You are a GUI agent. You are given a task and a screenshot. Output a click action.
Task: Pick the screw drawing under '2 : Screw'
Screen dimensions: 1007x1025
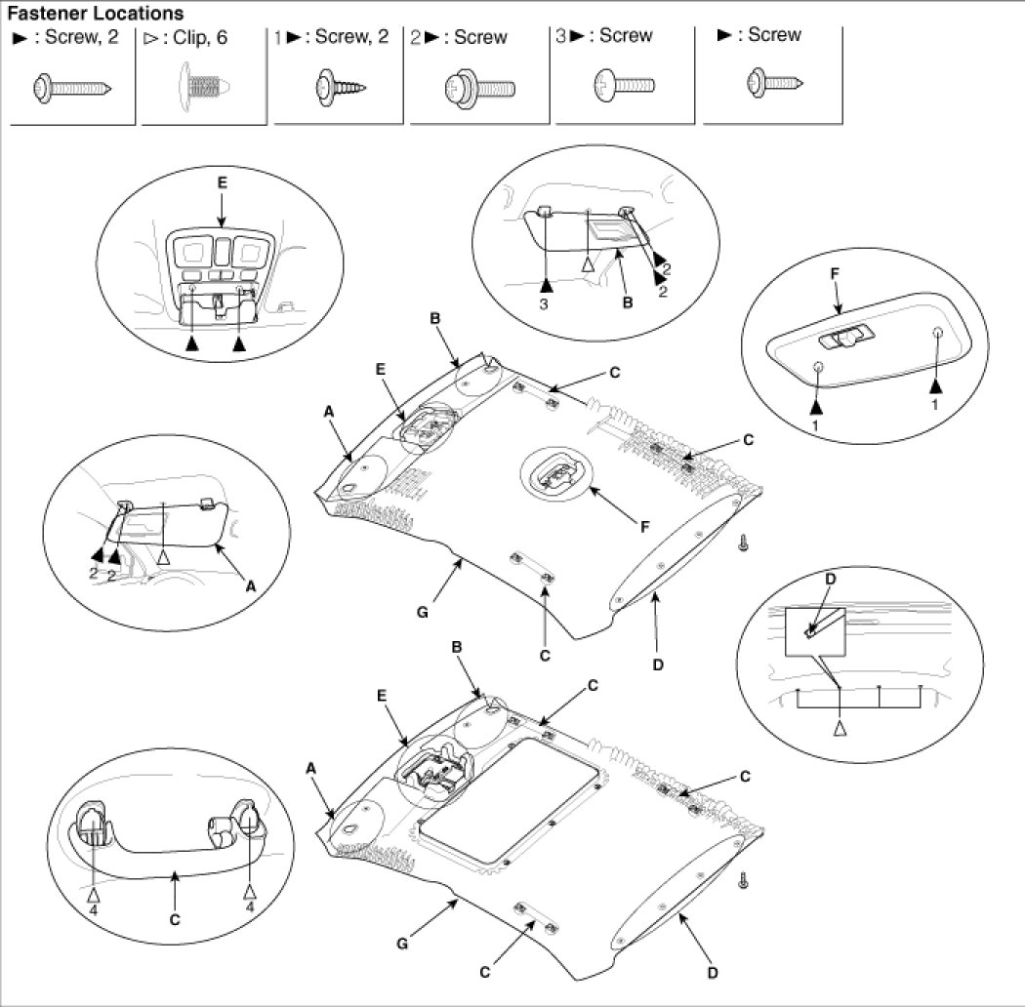click(479, 89)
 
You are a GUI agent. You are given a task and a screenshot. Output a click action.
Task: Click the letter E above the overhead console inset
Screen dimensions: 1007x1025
click(222, 182)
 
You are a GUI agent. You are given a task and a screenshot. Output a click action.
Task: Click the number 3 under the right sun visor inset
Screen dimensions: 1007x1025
click(546, 303)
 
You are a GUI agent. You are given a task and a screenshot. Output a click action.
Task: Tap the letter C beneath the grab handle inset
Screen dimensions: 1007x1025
click(175, 917)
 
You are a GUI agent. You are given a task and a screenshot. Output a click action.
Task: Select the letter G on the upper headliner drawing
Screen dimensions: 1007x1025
click(423, 613)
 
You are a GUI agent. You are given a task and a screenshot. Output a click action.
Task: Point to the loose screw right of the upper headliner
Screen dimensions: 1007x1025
click(744, 543)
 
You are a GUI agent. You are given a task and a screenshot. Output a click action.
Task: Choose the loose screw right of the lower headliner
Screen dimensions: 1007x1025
click(744, 879)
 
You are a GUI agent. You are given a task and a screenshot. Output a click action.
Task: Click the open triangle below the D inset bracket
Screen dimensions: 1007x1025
click(840, 728)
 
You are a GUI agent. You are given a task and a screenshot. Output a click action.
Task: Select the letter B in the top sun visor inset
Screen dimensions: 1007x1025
click(627, 302)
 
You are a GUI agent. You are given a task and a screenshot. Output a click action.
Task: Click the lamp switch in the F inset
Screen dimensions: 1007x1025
click(845, 338)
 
